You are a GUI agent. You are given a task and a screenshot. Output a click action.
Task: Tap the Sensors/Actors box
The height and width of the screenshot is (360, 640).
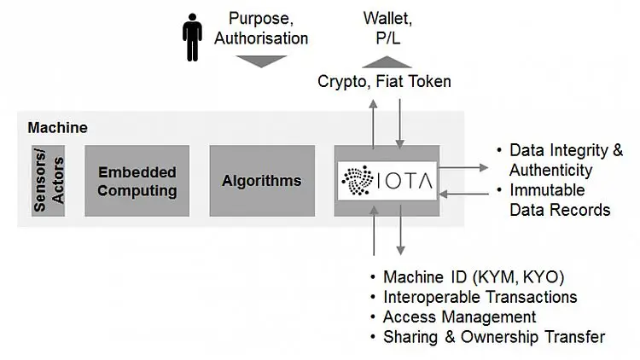click(x=48, y=181)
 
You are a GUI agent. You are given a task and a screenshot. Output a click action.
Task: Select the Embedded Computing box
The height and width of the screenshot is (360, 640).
click(x=137, y=181)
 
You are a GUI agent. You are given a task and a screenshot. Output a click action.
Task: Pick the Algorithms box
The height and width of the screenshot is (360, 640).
click(x=261, y=181)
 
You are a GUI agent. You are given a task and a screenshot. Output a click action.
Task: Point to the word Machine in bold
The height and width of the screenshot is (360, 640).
click(x=57, y=128)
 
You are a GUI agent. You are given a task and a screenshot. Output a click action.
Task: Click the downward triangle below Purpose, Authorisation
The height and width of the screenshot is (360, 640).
click(x=261, y=61)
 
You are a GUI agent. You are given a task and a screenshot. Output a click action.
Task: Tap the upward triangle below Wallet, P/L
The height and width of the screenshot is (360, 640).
click(x=386, y=61)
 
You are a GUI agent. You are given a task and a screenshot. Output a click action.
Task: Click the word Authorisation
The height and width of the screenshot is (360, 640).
click(x=261, y=38)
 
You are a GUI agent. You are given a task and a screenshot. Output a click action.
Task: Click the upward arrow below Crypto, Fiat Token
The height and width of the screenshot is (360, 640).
click(x=373, y=120)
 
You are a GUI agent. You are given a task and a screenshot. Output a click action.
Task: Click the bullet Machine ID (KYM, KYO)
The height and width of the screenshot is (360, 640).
click(x=474, y=278)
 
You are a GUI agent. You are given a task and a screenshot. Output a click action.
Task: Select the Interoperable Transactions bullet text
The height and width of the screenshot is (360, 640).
click(x=480, y=298)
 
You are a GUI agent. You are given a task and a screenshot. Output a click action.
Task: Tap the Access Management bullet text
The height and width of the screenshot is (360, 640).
click(x=459, y=317)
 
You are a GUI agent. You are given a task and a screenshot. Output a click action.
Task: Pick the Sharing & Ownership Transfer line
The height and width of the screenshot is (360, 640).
click(x=494, y=337)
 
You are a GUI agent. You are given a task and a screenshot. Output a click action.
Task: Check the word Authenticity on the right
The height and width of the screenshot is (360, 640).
click(x=550, y=170)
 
